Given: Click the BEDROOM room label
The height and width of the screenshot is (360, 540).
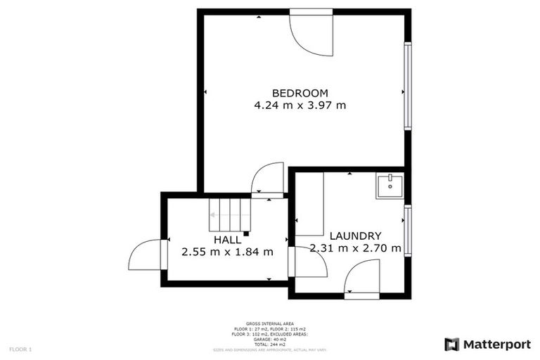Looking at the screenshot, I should coord(300,93).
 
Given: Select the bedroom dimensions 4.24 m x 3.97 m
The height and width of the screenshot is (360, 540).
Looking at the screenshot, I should coord(300,105).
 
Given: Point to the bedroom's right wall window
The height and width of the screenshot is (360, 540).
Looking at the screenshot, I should coord(407,86).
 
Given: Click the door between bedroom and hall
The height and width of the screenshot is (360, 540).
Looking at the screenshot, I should coord(267,181).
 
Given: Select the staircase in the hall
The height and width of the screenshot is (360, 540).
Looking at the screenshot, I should coord(228,214).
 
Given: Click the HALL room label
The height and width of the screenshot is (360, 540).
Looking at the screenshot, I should coord(227,240).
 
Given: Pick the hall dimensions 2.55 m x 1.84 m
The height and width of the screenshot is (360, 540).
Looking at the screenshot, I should coord(227,252).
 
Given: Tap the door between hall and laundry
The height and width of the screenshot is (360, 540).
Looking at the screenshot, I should coord(307,262).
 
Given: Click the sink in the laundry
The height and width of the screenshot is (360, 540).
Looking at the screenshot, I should coord(389,186).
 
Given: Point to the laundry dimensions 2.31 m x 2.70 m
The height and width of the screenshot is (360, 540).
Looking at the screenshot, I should coord(356,248).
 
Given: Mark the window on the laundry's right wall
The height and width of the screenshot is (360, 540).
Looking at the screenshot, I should coord(407,231).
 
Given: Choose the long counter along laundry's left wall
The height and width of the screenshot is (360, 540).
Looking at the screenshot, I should coord(309,204).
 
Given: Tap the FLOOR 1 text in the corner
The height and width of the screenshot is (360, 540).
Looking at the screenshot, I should coord(20,349).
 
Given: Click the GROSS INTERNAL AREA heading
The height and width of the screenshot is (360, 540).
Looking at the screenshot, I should coord(269,323).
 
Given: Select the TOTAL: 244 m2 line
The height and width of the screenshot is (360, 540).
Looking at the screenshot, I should coord(269,344).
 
